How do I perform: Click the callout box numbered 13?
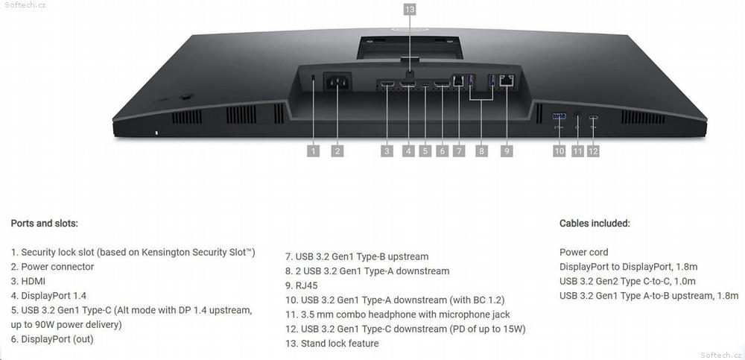(410, 10)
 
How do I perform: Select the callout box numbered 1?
(313, 151)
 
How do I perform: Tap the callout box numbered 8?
(481, 151)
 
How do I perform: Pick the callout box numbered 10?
(559, 151)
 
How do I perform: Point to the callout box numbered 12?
(593, 151)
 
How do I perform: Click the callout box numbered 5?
(425, 151)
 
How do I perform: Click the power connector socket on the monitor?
(337, 81)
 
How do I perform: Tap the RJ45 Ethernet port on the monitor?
(507, 80)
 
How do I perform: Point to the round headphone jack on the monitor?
(578, 116)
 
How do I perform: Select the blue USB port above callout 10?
(559, 116)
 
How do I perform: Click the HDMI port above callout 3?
(387, 85)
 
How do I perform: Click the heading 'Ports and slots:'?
(44, 223)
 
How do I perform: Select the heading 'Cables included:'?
(595, 223)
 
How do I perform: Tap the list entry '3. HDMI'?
(28, 281)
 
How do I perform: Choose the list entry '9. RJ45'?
(301, 285)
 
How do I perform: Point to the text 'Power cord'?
(584, 252)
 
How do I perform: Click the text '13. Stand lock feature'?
(332, 344)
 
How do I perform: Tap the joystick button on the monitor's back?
(185, 97)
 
